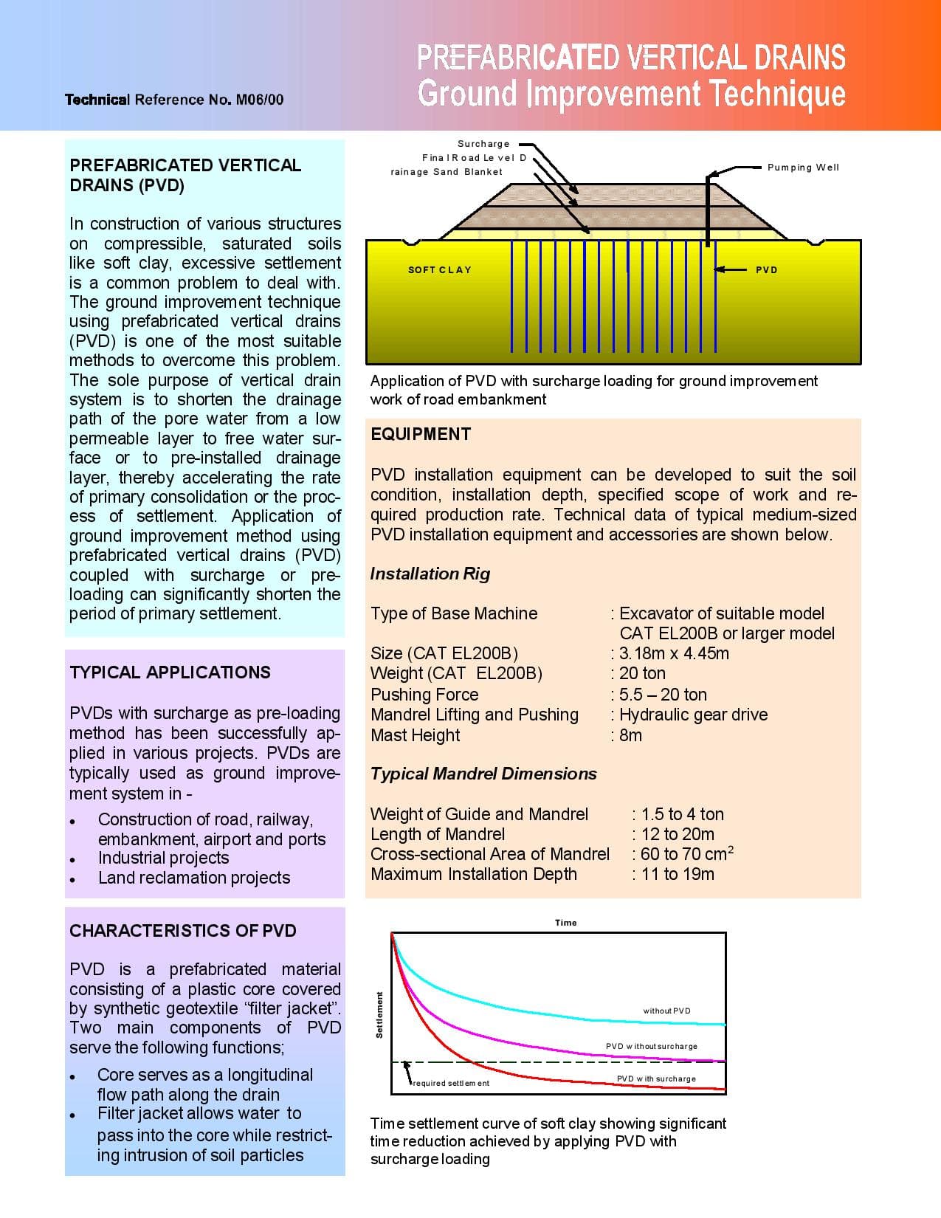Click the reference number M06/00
(259, 100)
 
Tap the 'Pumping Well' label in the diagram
(803, 168)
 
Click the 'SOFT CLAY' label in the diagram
(440, 270)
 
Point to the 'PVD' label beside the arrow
(767, 270)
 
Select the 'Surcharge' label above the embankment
(483, 144)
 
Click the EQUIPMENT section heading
(421, 434)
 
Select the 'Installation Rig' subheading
(430, 574)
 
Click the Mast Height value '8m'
(630, 735)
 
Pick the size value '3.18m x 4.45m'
(674, 653)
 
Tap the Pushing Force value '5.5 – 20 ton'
(663, 695)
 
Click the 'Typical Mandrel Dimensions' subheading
(483, 774)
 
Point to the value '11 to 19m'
(678, 874)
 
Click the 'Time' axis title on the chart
(566, 923)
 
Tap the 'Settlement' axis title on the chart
(379, 1014)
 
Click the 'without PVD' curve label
(666, 1011)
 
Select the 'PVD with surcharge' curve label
(656, 1078)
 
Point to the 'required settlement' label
(451, 1083)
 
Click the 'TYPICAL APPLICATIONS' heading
(170, 672)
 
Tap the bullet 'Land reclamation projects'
(194, 878)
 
